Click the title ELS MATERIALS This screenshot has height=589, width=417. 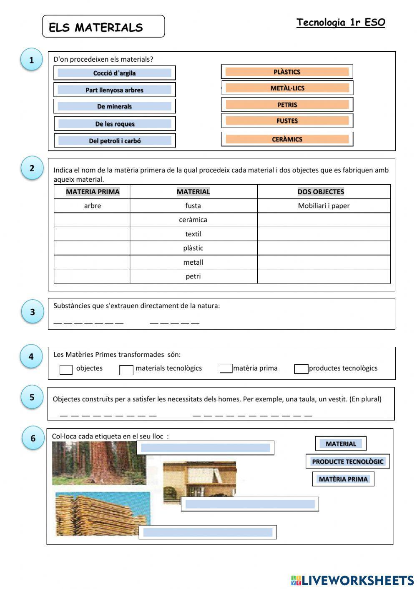(x=96, y=28)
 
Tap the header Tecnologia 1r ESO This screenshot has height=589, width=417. (x=341, y=23)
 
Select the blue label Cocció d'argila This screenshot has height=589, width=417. (x=114, y=73)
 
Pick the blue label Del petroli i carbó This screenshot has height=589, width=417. (x=115, y=140)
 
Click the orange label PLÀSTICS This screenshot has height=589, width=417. (x=287, y=72)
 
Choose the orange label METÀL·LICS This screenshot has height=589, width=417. (x=287, y=88)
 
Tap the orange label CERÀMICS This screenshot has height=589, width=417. (x=287, y=139)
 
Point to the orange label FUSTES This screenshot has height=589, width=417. (x=287, y=121)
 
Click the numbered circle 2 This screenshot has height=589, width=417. (x=32, y=168)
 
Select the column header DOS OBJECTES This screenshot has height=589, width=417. (x=321, y=192)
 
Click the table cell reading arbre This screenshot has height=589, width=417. (x=92, y=206)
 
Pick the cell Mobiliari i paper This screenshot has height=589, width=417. (x=324, y=206)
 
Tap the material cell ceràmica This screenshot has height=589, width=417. (x=193, y=220)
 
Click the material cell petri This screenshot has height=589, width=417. (x=193, y=276)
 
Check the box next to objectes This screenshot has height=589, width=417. (x=66, y=369)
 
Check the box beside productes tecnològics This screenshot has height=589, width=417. (x=301, y=369)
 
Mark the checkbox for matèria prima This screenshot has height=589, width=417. (x=226, y=368)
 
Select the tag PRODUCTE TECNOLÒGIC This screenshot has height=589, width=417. (x=347, y=461)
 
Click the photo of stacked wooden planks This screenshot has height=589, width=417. (x=102, y=514)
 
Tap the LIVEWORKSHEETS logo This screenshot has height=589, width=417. (x=352, y=580)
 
